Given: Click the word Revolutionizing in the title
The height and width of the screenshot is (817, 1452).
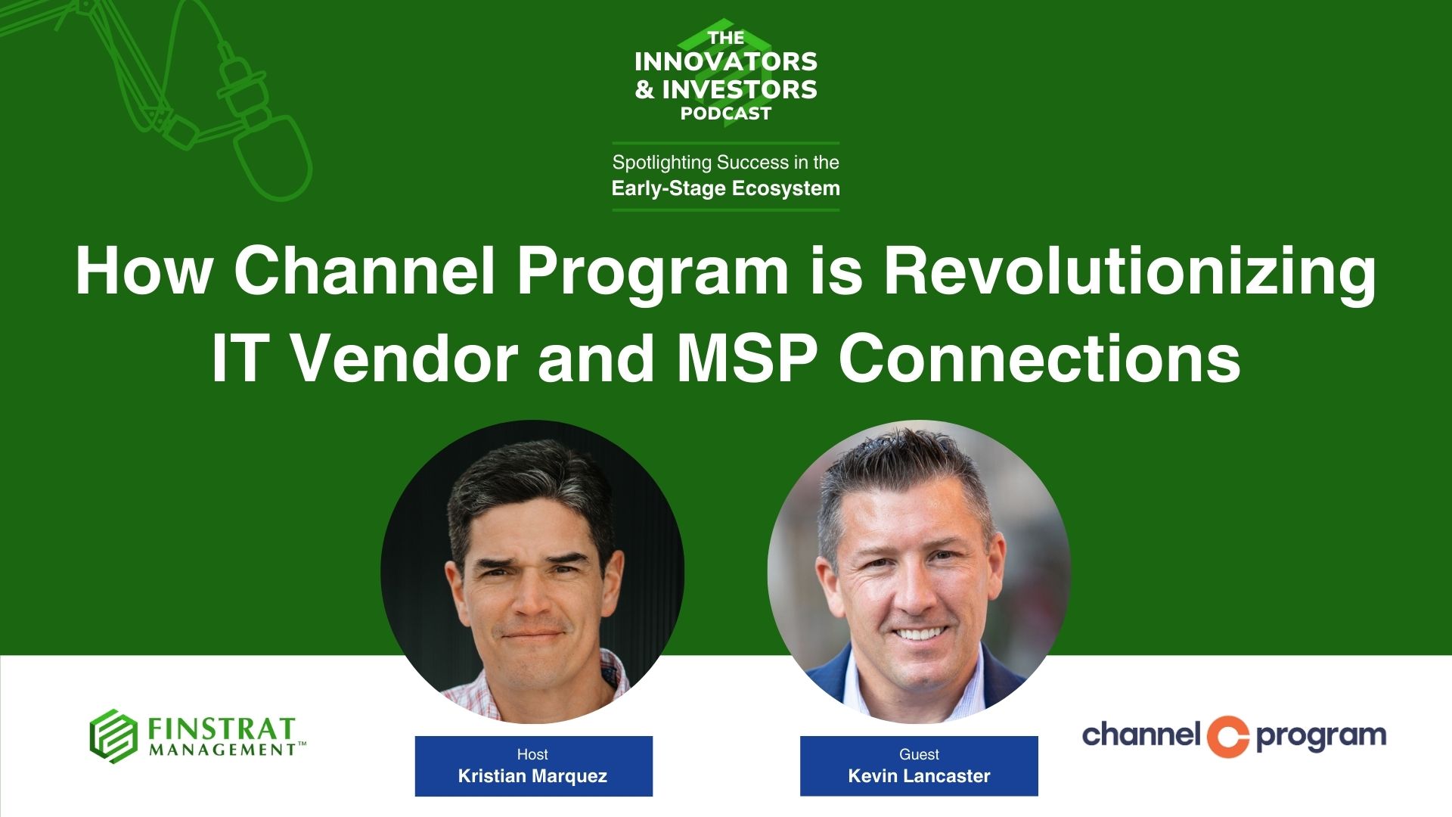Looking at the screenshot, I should coord(1129,274).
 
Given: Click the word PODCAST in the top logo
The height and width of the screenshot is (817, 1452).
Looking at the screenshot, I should coord(726,113).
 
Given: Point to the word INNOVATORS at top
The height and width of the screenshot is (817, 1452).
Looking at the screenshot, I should coord(726,62).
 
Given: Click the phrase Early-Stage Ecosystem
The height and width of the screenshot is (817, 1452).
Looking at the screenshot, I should coord(726,188).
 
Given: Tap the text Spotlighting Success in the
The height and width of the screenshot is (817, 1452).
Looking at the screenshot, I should coord(726,163).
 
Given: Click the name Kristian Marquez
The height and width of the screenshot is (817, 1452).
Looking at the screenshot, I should coord(532,776).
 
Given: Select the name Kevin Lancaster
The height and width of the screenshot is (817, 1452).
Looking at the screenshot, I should coord(919,776).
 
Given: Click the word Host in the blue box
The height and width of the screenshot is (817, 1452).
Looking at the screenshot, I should coord(532,754).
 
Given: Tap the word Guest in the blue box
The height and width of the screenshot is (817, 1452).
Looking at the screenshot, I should coord(919,754).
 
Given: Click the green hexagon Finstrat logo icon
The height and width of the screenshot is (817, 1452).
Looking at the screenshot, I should coord(113,735).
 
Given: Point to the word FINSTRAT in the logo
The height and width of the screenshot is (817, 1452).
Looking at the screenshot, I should coord(221,729).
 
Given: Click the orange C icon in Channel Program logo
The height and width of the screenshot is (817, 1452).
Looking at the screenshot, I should coord(1227,736).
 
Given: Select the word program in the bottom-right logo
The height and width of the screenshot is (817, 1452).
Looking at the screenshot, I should coord(1320,737).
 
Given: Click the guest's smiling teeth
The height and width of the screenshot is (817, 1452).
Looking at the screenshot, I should coord(919,633).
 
